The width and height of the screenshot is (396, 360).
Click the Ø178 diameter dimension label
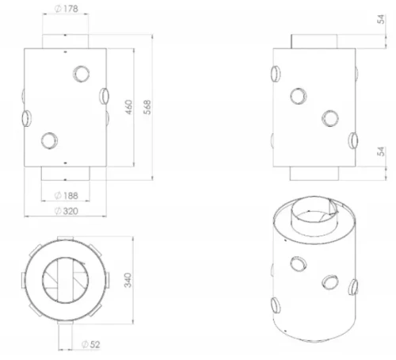coord(67,9)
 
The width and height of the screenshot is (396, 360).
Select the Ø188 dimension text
coord(67,196)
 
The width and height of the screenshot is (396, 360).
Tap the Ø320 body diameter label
coord(67,211)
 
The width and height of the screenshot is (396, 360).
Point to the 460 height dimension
coord(128,107)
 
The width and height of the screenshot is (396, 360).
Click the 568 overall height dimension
coord(147,107)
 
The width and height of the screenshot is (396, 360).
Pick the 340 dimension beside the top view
coord(128,280)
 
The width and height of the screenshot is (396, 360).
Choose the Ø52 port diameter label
coord(91,344)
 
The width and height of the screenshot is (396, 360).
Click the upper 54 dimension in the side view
coord(381,19)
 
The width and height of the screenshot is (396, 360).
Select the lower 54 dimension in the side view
coord(381,151)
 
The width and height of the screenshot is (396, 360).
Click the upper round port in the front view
coord(82,74)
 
